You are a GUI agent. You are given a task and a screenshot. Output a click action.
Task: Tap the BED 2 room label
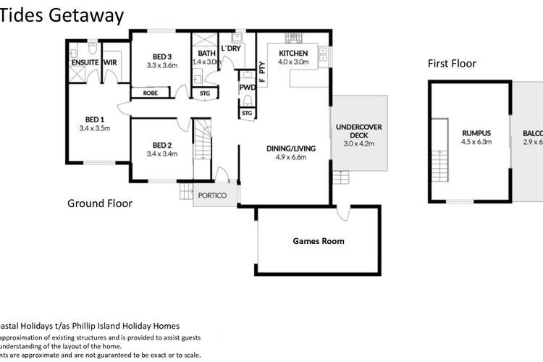(x=162, y=144)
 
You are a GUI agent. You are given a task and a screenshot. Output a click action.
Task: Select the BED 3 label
(x=162, y=57)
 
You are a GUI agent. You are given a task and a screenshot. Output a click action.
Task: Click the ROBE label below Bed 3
(x=151, y=93)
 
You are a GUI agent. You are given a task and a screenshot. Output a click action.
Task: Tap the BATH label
(x=206, y=53)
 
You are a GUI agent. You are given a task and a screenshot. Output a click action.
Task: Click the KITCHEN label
(x=293, y=53)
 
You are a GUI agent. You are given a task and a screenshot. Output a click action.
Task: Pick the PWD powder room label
(x=247, y=88)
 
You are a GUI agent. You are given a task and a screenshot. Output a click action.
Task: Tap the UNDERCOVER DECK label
(x=358, y=130)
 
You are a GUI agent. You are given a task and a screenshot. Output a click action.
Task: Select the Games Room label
(x=318, y=241)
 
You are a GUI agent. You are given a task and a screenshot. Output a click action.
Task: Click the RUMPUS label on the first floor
(x=476, y=133)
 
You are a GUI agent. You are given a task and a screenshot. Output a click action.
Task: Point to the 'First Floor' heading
(x=451, y=64)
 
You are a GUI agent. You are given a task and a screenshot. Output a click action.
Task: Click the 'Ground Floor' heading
(x=100, y=203)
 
